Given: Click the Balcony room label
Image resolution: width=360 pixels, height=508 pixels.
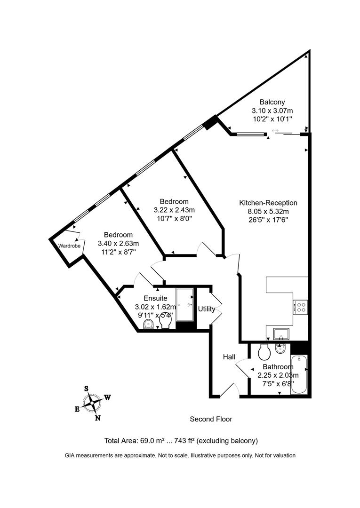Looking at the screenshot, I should pos(272,102).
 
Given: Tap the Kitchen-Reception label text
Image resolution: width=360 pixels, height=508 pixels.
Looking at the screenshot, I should pos(268,203).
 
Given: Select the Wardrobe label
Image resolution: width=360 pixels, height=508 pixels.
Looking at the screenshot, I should pos(68,246).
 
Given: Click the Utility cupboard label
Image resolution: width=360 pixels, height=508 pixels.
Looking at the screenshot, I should pos(206,309).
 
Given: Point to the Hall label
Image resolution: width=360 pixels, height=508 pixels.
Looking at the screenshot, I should pos(229,357).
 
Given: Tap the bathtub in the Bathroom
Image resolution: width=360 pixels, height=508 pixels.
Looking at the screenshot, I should pos(299,375).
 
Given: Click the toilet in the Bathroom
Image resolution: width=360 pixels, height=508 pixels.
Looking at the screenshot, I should pos(264,351).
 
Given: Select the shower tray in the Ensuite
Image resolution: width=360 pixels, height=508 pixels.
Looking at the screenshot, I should pos(184,305).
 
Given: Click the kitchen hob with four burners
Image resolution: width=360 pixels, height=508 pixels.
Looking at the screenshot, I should pos(300,307).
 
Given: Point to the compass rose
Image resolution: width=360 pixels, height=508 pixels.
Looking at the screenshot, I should pos(92,403).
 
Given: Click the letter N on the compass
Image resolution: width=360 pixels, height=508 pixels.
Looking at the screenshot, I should pos(97,417).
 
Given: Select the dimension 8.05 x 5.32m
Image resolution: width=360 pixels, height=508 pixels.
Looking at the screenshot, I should pos(268,211).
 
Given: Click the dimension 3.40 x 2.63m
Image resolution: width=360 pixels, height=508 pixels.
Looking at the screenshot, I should pos(118,243).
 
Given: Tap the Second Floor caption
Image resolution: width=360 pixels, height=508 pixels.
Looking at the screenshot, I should pos(211,419).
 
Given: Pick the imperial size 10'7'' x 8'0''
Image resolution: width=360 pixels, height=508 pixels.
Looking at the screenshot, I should pos(174,218).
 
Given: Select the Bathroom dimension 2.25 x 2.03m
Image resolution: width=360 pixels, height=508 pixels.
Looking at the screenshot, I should pos(278,375).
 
